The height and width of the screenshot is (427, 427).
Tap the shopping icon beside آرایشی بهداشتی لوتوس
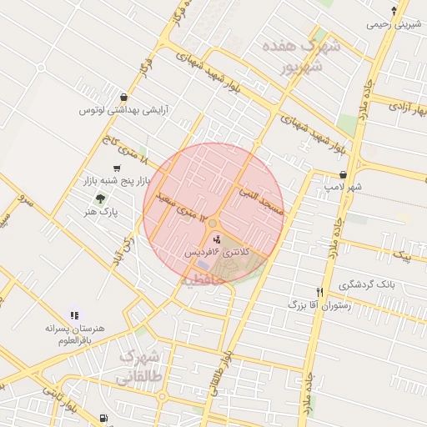click(124, 97)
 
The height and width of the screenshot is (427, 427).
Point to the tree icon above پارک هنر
click(100, 198)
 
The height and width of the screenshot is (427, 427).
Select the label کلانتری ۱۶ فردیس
click(213, 251)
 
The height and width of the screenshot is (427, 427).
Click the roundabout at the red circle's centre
click(213, 223)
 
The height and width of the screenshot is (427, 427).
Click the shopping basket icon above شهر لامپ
click(344, 174)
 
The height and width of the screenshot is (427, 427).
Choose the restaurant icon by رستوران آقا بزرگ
click(320, 293)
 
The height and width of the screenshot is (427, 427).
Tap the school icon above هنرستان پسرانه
click(74, 316)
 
